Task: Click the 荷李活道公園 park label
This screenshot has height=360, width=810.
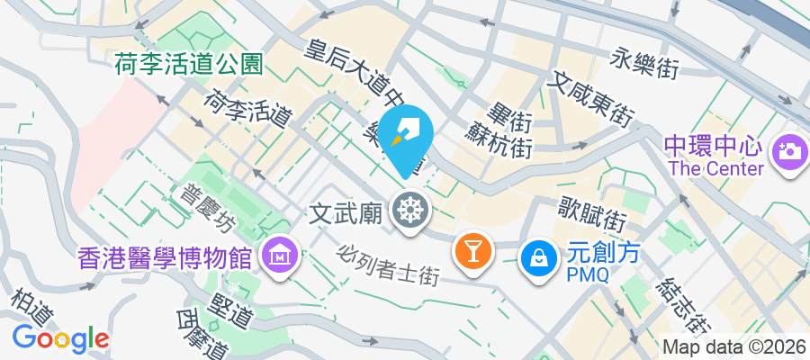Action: click(188, 64)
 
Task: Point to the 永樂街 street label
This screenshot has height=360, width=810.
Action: click(644, 61)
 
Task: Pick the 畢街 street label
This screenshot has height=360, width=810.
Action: click(507, 117)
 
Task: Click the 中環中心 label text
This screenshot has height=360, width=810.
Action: click(714, 146)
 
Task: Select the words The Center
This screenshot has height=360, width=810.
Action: click(715, 168)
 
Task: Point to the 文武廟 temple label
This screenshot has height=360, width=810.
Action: click(346, 213)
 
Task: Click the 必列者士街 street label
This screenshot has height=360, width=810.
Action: click(390, 265)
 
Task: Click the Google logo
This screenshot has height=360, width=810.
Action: click(60, 338)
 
